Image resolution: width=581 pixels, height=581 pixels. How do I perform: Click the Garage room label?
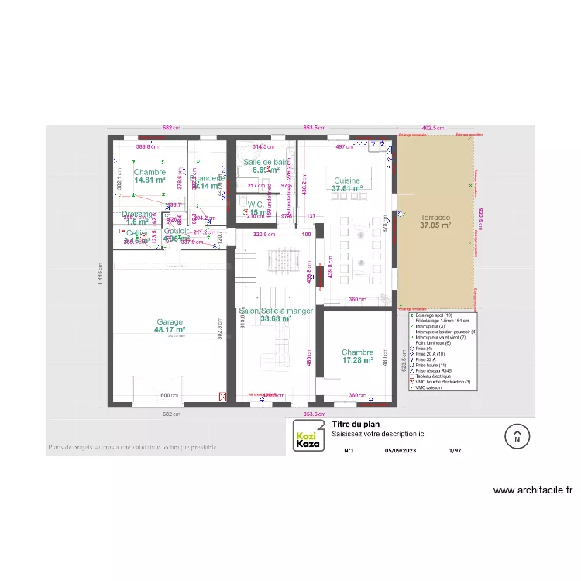(170, 322)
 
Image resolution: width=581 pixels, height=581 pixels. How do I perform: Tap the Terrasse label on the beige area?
(435, 218)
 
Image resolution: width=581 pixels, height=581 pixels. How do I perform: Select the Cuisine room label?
(347, 180)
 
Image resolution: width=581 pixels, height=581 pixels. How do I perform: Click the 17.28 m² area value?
(358, 360)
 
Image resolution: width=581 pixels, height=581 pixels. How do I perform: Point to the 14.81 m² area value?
(150, 180)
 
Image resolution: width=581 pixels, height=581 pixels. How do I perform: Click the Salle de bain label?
(265, 162)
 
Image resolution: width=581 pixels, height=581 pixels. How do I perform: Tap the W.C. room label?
(256, 205)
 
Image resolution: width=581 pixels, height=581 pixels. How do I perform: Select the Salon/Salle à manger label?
(277, 311)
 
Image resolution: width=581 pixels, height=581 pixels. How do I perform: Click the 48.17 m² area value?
(170, 330)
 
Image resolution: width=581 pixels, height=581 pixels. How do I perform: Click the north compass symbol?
(517, 436)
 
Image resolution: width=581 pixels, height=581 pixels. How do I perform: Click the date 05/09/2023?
(401, 449)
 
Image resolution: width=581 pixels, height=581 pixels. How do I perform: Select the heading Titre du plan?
(355, 425)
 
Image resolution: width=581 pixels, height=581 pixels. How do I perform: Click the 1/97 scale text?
(456, 449)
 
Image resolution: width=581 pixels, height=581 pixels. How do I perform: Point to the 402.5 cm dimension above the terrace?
(432, 128)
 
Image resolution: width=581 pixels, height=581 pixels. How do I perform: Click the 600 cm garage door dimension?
(170, 396)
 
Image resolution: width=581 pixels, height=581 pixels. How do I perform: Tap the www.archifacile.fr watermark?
(533, 490)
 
